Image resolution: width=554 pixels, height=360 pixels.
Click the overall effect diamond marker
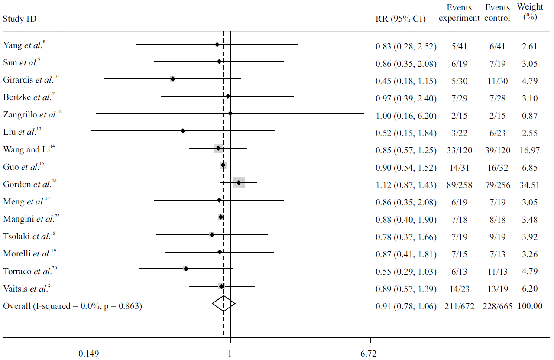click(x=224, y=304)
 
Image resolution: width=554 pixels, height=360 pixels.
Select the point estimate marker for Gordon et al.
click(x=239, y=183)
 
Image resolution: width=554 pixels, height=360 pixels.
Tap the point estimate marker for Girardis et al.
click(x=172, y=79)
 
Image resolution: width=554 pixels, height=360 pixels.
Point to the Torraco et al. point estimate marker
click(x=186, y=269)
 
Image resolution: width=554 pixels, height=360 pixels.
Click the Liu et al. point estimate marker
click(x=183, y=130)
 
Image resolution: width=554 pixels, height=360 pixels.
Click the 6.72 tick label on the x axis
click(x=368, y=354)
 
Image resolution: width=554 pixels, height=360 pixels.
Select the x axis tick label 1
click(x=230, y=354)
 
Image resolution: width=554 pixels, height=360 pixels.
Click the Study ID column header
click(x=19, y=19)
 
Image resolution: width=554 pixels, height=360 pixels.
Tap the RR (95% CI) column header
click(x=401, y=19)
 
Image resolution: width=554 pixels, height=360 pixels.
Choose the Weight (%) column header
click(x=530, y=12)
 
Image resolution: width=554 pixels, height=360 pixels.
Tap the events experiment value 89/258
click(x=460, y=185)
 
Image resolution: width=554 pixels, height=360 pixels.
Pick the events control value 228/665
click(x=497, y=306)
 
